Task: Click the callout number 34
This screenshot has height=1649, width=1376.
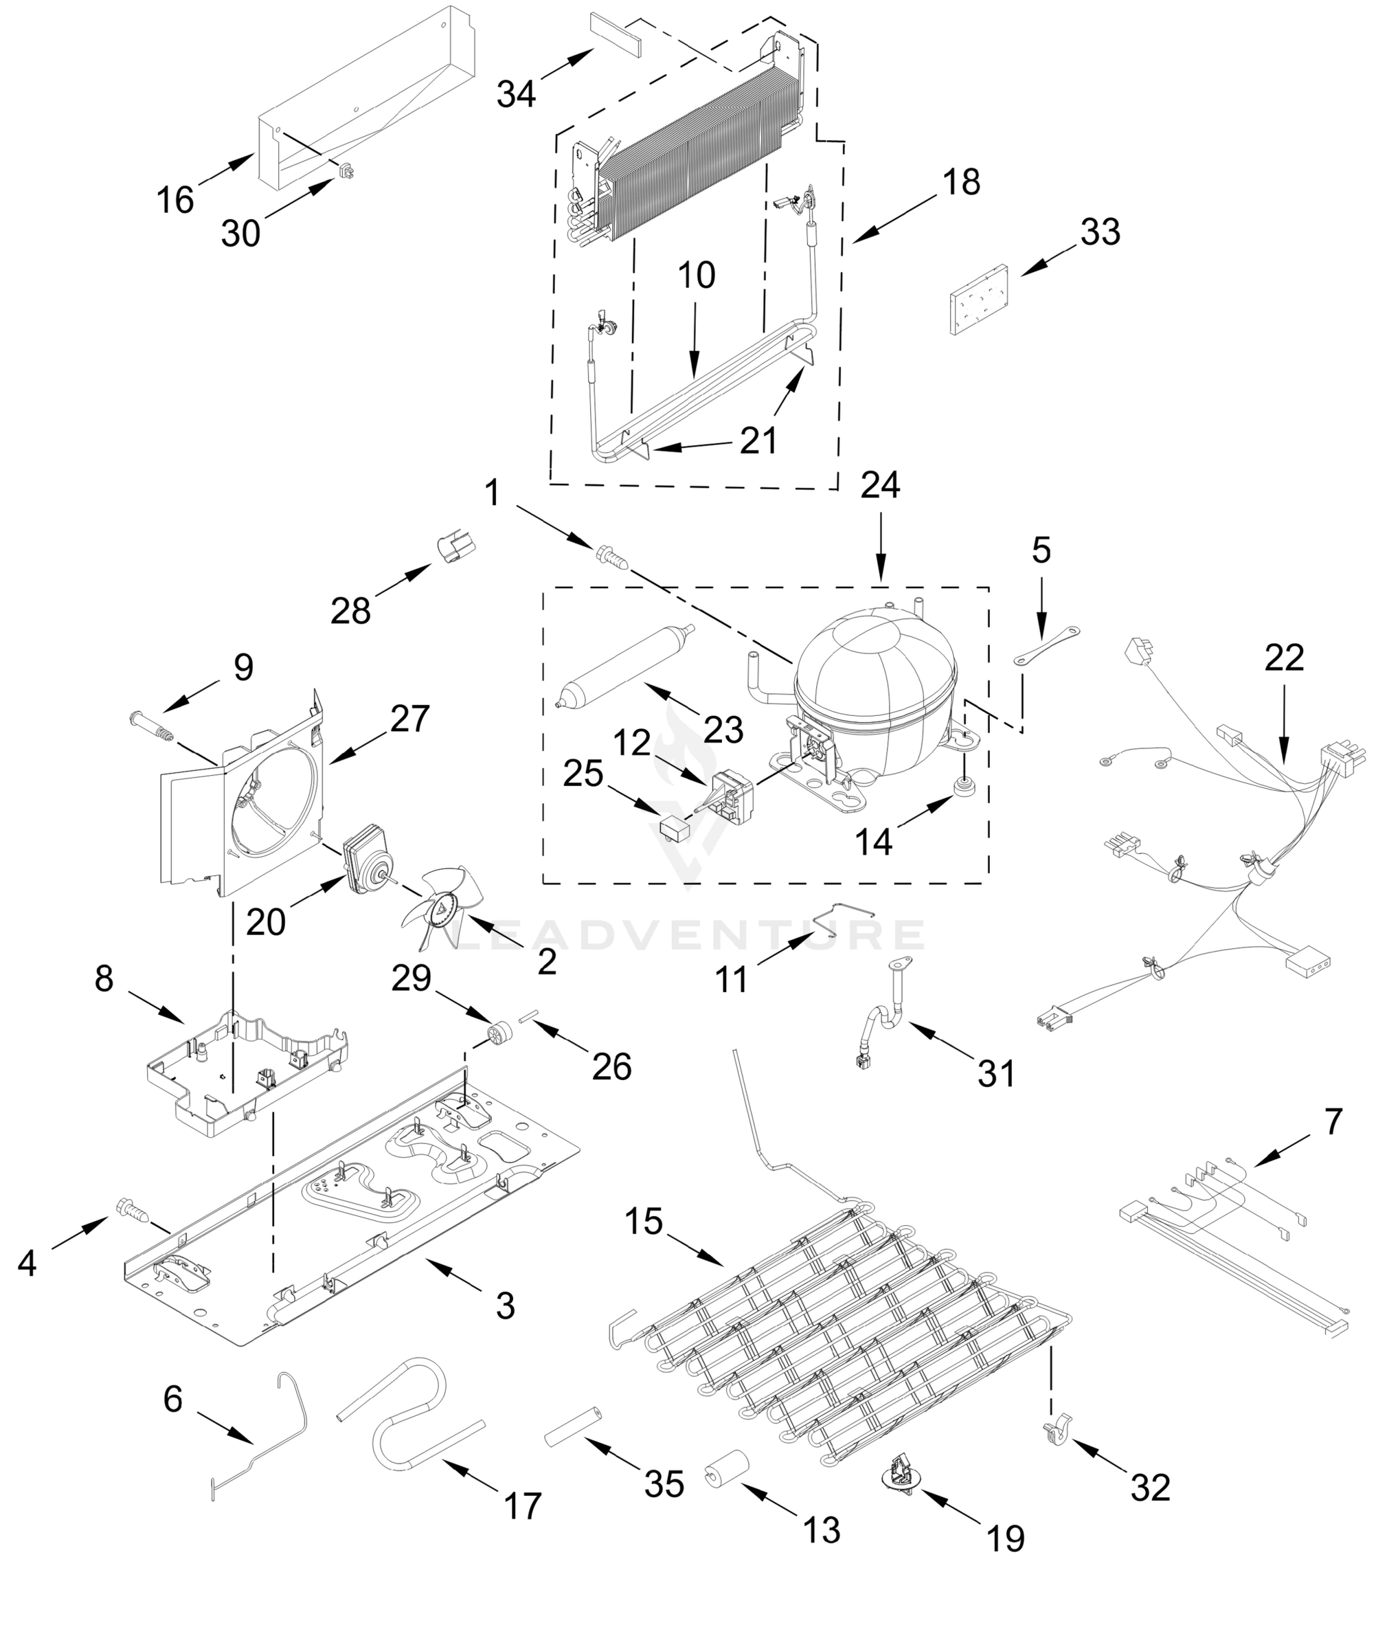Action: [x=516, y=94]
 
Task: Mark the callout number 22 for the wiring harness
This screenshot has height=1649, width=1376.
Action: [x=1284, y=658]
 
